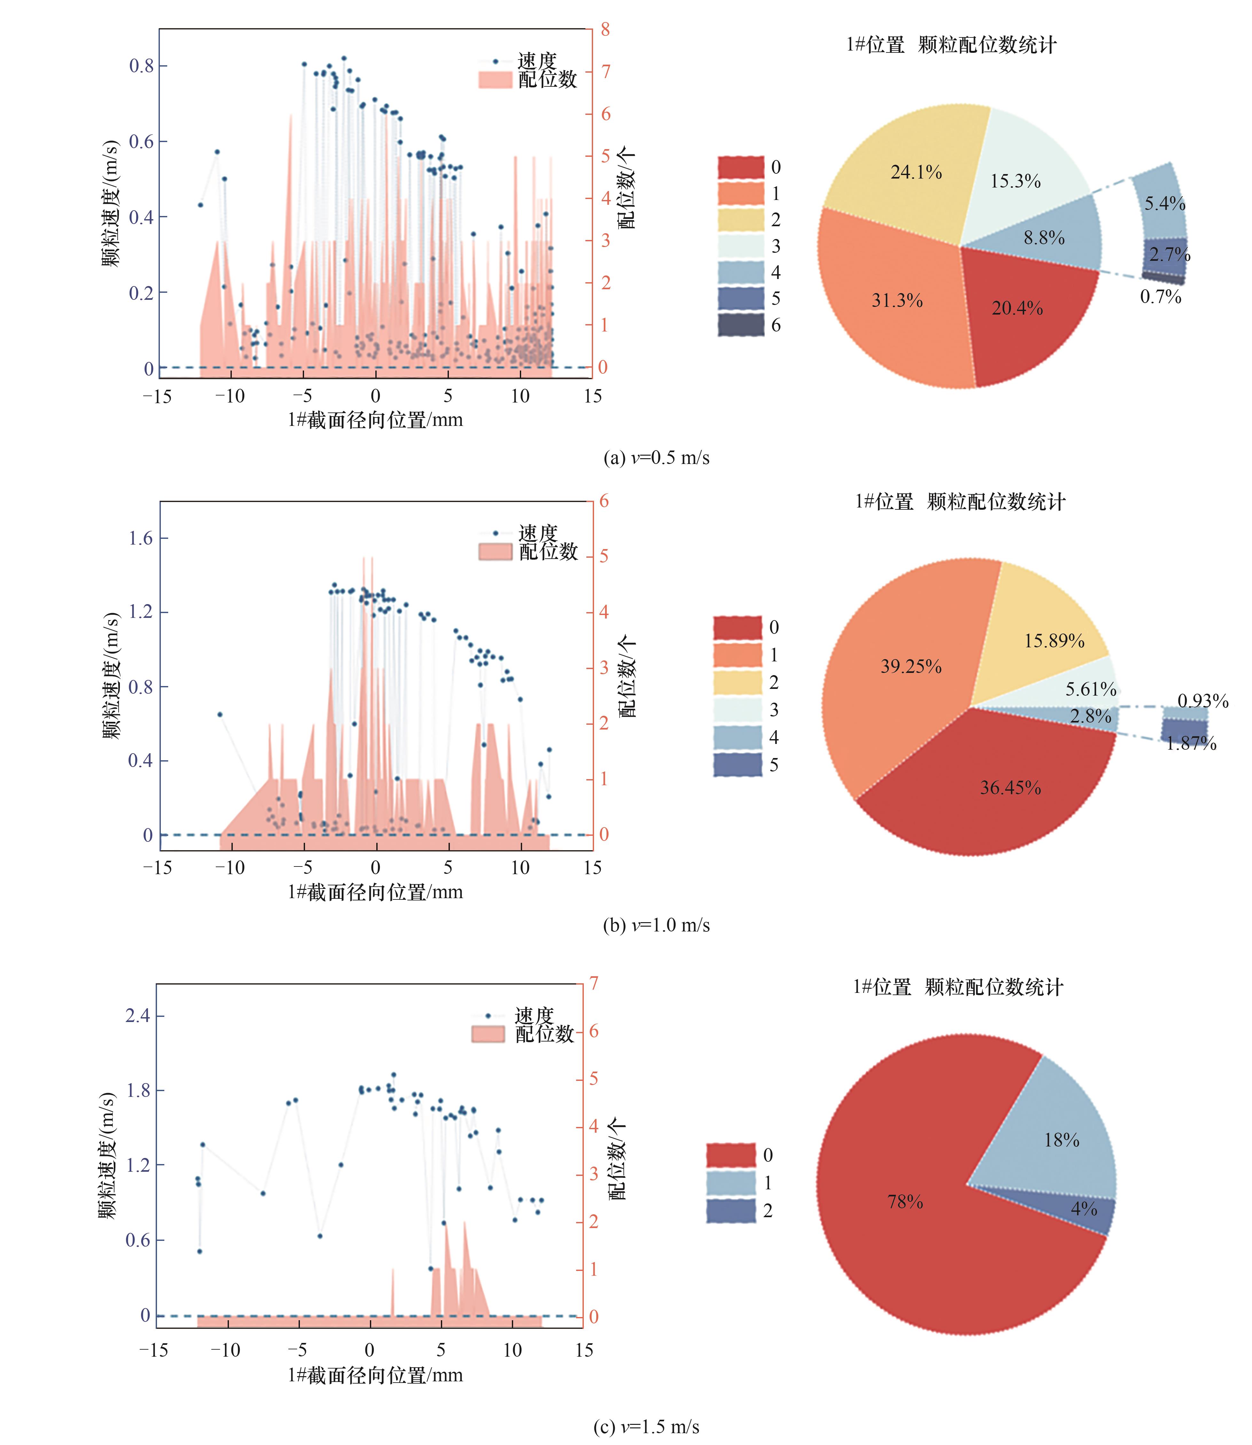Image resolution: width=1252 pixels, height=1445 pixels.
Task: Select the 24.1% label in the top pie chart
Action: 916,172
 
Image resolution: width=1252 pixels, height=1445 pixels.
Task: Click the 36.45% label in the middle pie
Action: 1010,788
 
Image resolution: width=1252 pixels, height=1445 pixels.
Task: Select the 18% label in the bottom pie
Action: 1061,1140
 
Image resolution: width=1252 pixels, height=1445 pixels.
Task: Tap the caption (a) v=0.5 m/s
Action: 656,458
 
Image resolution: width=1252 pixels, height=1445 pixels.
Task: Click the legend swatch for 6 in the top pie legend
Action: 740,325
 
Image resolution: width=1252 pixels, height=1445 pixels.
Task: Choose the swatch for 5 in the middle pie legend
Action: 737,765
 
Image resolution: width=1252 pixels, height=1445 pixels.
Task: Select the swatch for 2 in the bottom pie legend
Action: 731,1211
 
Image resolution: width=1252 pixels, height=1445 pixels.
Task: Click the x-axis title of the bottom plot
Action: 375,1376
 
